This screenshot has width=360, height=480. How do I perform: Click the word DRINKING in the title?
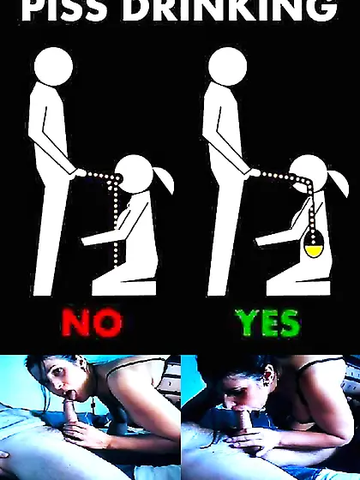click(231, 9)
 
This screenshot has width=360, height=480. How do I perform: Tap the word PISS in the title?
click(65, 9)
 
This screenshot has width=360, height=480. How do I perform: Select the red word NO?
click(92, 323)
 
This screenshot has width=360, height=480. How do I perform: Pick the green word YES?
click(267, 323)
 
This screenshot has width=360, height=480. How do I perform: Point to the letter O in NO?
click(108, 323)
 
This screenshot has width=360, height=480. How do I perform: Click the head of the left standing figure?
click(53, 67)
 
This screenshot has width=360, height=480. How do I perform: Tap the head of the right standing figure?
click(228, 67)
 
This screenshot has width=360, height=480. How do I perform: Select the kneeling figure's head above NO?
click(134, 174)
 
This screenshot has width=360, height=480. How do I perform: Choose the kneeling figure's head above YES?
click(309, 174)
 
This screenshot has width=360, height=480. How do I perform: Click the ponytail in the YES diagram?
click(339, 181)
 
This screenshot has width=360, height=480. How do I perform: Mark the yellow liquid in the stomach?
click(313, 252)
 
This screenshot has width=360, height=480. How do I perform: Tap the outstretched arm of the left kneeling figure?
click(104, 237)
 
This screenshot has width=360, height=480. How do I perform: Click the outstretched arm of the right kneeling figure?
click(277, 237)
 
